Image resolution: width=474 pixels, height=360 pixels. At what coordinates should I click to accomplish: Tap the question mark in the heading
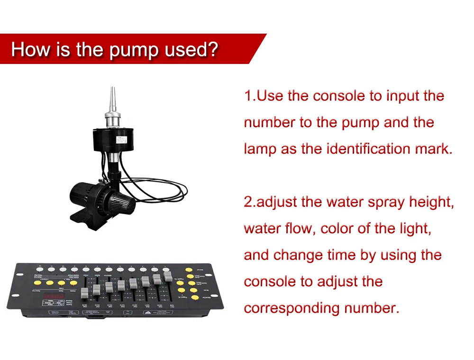pyautogui.click(x=213, y=49)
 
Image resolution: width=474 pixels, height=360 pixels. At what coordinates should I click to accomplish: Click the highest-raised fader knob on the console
pyautogui.click(x=166, y=275)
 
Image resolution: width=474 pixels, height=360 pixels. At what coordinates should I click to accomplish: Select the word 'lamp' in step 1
pyautogui.click(x=260, y=149)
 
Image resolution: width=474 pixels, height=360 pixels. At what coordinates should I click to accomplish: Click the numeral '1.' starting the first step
pyautogui.click(x=249, y=96)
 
